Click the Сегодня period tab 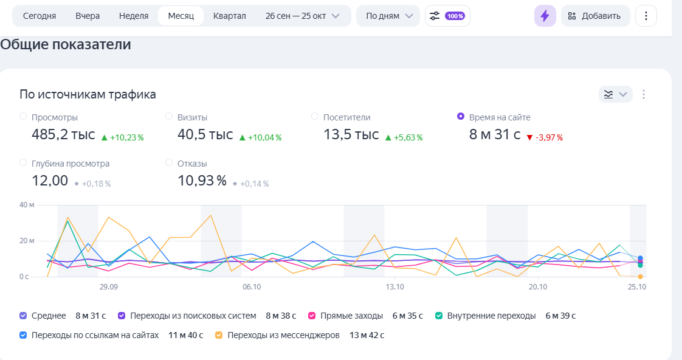tap(40, 16)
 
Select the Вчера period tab tap(88, 16)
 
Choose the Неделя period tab tap(134, 16)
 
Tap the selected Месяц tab tap(181, 16)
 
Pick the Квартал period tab tap(229, 16)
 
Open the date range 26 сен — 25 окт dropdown tap(302, 16)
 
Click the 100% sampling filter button tap(447, 16)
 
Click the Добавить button tap(594, 16)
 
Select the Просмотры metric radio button tap(23, 116)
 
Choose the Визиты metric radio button tap(169, 116)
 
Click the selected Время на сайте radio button tap(461, 116)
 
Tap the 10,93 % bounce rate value tap(202, 181)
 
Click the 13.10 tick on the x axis tap(394, 286)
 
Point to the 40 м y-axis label tap(27, 205)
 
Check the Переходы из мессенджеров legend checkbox tap(219, 334)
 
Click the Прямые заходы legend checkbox tap(312, 316)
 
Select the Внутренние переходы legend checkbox tap(438, 316)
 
